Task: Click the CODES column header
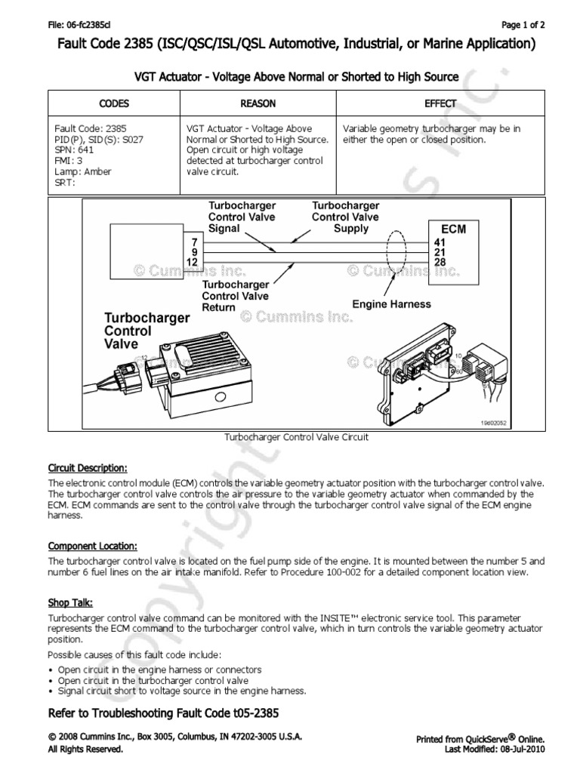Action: [x=114, y=103]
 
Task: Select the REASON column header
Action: [x=258, y=103]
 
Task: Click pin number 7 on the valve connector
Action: [x=195, y=242]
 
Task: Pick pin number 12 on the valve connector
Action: [x=192, y=261]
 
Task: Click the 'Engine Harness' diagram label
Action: [x=392, y=304]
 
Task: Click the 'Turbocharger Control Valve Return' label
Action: [x=235, y=297]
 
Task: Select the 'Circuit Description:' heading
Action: [x=88, y=467]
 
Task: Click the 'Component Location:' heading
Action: [x=92, y=546]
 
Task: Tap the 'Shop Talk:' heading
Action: [x=70, y=603]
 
